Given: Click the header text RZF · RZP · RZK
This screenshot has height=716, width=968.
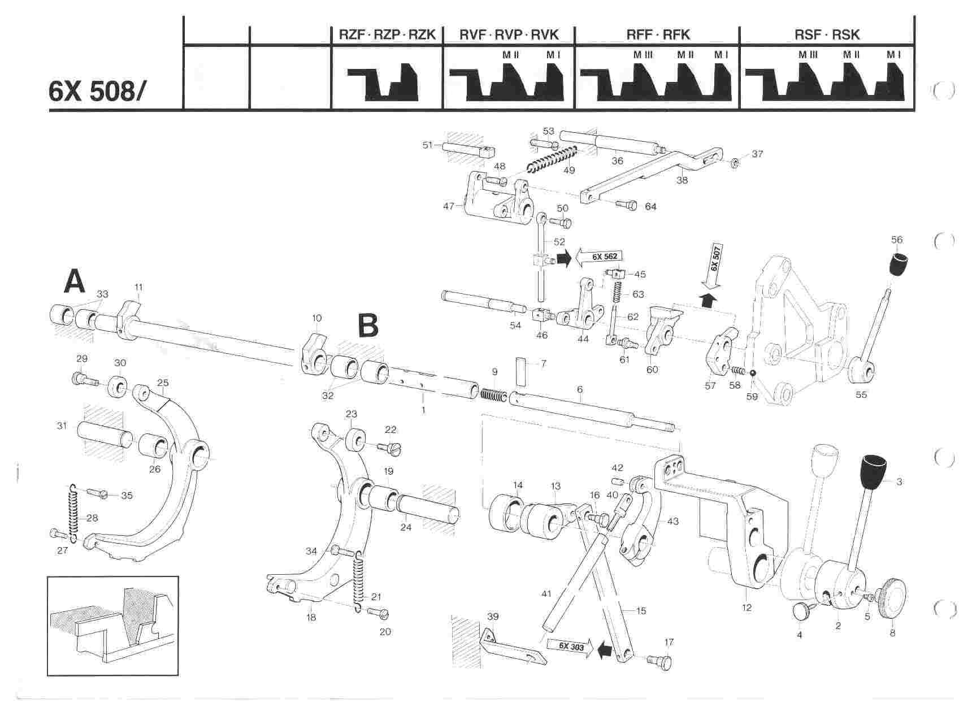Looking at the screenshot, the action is coord(387,35).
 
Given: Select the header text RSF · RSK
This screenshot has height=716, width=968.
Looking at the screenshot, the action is coord(827,35).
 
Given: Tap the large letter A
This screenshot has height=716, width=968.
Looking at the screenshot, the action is coord(75,281).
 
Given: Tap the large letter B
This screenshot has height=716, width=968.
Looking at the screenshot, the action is coord(368,326).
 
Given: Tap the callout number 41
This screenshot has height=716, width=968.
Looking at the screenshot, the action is coord(546,594).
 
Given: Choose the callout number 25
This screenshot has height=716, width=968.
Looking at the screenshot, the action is coord(163,383).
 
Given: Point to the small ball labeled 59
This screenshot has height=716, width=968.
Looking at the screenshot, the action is coord(753,372).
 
